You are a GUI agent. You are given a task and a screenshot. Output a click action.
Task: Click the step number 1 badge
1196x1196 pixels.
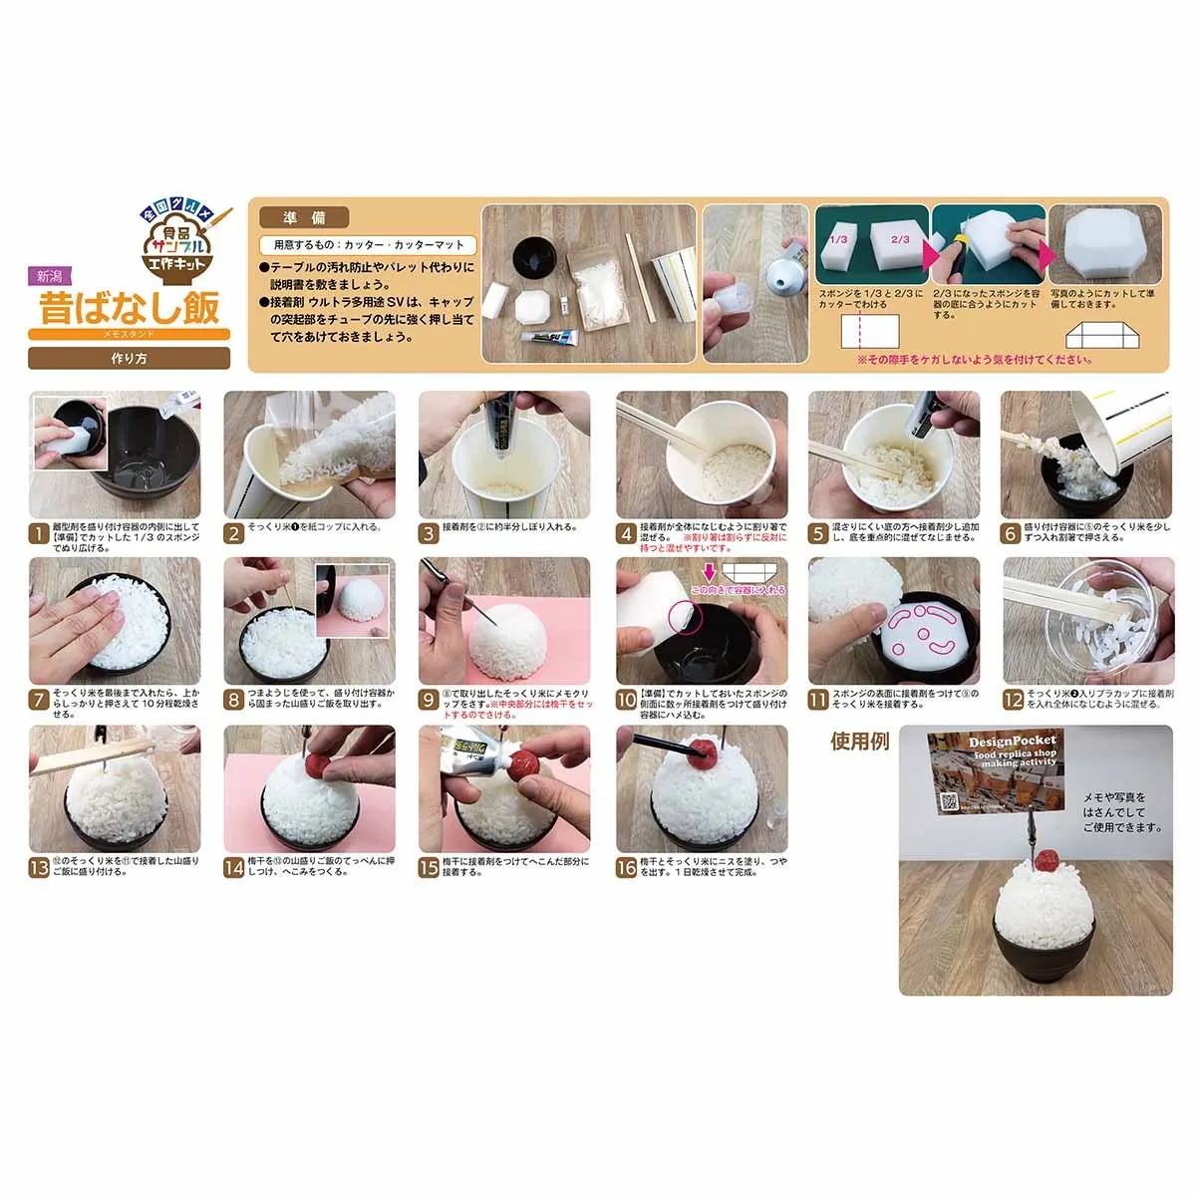click(x=38, y=534)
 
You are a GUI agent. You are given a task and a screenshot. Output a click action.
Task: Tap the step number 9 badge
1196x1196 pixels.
click(x=429, y=701)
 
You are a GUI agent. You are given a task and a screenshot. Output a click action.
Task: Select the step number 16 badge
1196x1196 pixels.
click(x=626, y=868)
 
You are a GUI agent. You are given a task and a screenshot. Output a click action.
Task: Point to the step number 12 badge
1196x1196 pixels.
click(x=1013, y=701)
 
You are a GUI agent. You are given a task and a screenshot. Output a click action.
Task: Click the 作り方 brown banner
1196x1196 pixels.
click(x=129, y=358)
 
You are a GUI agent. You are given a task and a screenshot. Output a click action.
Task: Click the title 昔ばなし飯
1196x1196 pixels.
click(x=129, y=307)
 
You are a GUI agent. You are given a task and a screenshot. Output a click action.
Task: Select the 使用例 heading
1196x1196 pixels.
click(x=858, y=743)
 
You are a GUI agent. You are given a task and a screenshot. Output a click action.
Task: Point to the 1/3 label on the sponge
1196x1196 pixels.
click(x=839, y=240)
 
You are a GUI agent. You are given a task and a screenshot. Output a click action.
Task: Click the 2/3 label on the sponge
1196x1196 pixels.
click(x=899, y=240)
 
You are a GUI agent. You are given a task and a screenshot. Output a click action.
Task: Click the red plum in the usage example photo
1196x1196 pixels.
click(x=1046, y=860)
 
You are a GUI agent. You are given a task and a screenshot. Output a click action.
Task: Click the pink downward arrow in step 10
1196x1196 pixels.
click(x=709, y=572)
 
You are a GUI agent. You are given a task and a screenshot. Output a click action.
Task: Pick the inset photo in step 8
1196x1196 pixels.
click(x=356, y=598)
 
